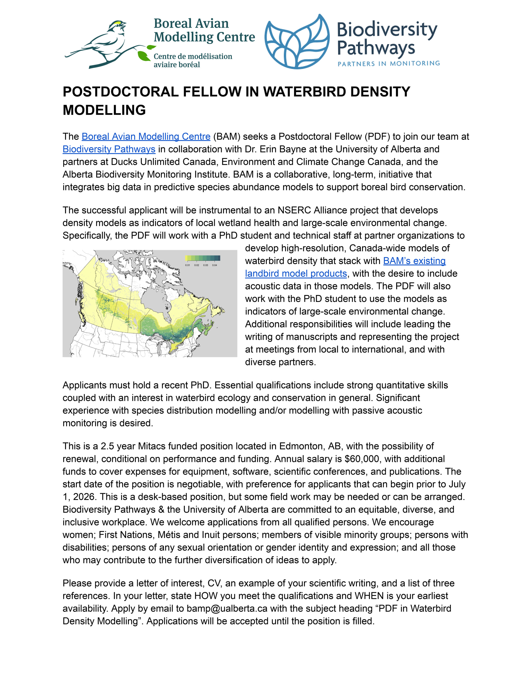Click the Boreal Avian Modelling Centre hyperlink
[146, 137]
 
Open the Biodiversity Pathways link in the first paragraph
[109, 149]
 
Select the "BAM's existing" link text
[414, 261]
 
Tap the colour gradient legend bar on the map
[203, 258]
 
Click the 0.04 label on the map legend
[214, 265]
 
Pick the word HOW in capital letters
[206, 596]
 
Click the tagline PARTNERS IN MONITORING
[388, 63]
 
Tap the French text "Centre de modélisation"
[193, 57]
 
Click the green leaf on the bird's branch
[144, 56]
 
